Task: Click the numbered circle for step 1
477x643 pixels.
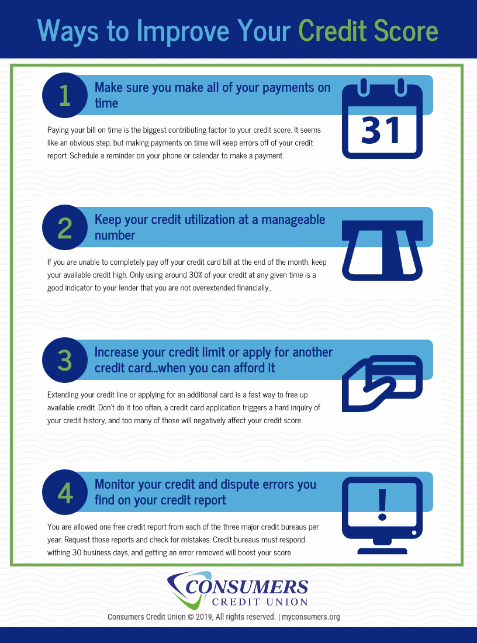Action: pyautogui.click(x=65, y=95)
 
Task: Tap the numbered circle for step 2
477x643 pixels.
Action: pyautogui.click(x=65, y=227)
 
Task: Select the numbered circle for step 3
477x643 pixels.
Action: pyautogui.click(x=65, y=360)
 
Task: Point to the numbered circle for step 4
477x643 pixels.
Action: pyautogui.click(x=65, y=493)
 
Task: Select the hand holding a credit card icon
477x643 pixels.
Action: pyautogui.click(x=381, y=383)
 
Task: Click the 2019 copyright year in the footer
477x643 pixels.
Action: pyautogui.click(x=202, y=617)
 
